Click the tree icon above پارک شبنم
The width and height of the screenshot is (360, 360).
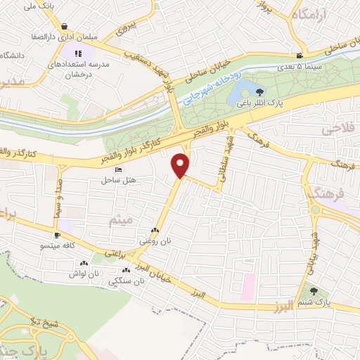point(314,290)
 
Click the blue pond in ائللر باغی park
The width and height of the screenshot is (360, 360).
point(245,89)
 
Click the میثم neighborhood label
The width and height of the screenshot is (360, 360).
point(120,221)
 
